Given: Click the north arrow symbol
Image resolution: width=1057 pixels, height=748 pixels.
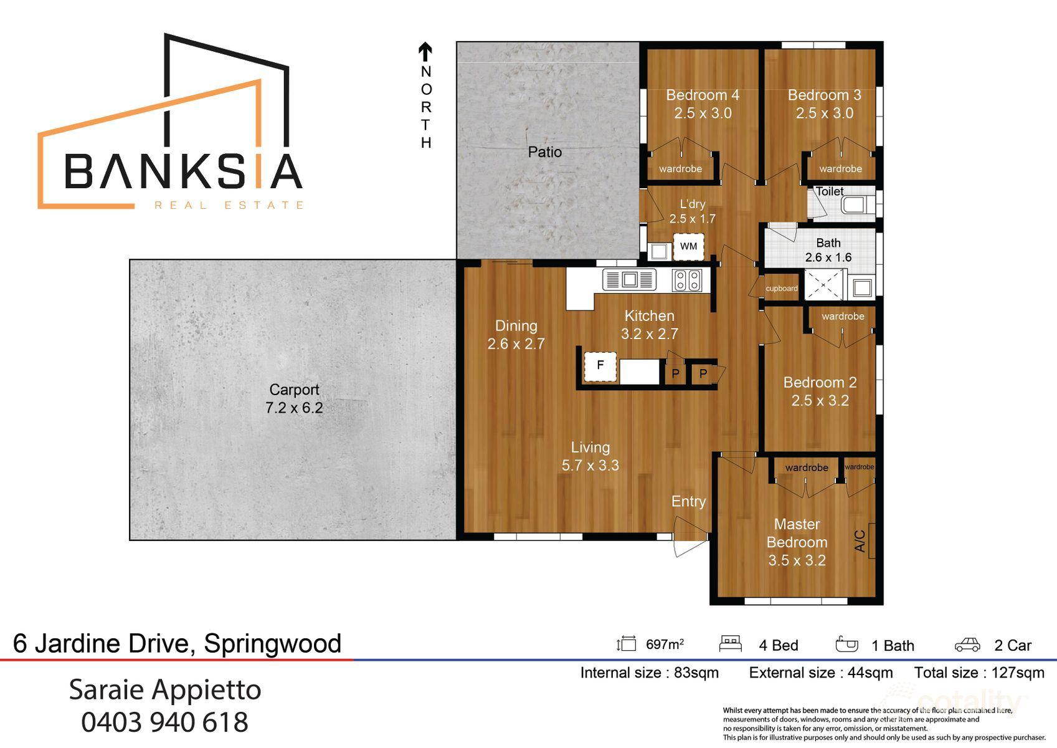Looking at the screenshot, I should (x=425, y=52).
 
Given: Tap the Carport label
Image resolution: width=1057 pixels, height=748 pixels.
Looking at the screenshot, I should (x=294, y=390).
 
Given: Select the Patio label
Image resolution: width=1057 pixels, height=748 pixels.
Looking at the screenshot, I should (x=544, y=152).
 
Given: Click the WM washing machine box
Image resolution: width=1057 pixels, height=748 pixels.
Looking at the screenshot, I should (x=688, y=246).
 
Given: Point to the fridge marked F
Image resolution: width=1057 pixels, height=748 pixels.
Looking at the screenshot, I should (x=600, y=366).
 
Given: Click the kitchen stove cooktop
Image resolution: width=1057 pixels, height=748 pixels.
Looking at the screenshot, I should (x=687, y=280).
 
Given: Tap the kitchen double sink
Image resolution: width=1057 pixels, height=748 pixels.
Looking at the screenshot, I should (x=629, y=280).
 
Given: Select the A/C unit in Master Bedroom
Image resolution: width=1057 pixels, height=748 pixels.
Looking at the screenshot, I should (x=870, y=540).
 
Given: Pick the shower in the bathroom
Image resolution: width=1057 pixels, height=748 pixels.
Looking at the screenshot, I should (x=823, y=285).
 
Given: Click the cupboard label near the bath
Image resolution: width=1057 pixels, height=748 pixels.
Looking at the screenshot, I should (x=782, y=289).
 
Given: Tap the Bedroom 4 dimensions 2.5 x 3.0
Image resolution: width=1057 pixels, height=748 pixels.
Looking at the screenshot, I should (x=703, y=113).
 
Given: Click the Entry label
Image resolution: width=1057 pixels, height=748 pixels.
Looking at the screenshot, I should (x=688, y=502).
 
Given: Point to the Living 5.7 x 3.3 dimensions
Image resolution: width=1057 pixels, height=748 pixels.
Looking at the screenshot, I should (x=590, y=466).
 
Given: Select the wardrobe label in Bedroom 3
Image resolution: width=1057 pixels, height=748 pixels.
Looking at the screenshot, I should (x=840, y=169).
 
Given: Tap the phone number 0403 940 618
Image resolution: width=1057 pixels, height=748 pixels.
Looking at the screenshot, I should (x=164, y=722).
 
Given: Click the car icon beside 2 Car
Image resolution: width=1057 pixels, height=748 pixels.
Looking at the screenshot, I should (x=967, y=645).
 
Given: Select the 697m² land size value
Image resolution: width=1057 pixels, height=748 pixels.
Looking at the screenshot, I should (x=665, y=645).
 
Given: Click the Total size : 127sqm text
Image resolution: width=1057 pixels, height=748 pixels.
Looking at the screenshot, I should (x=979, y=673).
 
